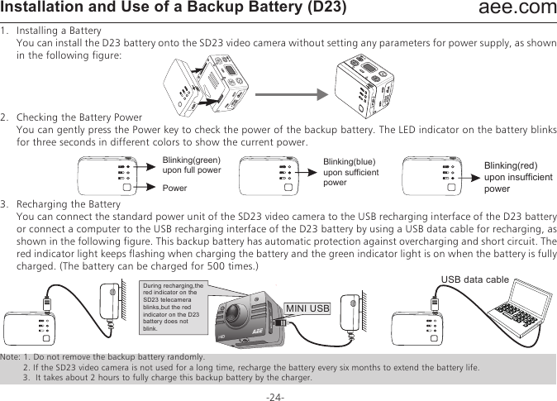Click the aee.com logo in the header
click(x=518, y=10)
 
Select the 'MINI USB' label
click(x=307, y=309)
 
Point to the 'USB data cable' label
click(x=476, y=279)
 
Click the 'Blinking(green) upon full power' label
click(x=192, y=165)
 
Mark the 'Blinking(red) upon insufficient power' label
click(x=515, y=177)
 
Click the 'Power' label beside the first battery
click(x=174, y=188)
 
